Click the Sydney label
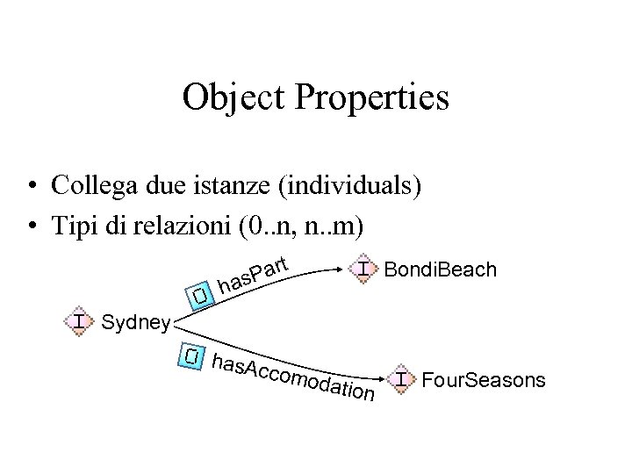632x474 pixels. point(136,323)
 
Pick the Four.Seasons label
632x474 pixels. point(485,380)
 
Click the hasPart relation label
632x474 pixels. point(254,274)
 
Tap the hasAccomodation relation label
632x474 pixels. point(294,378)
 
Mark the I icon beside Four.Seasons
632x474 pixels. point(402,379)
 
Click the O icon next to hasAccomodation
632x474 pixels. point(193,355)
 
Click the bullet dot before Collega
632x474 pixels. point(31,187)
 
